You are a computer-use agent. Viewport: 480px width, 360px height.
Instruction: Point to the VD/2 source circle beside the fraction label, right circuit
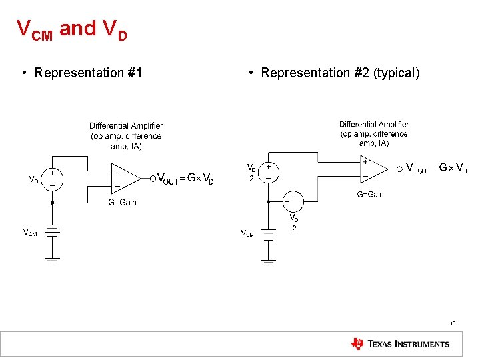[x=268, y=173]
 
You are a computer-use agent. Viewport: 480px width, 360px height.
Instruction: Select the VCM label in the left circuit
[x=30, y=232]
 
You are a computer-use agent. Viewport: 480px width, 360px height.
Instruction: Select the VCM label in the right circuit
[x=247, y=233]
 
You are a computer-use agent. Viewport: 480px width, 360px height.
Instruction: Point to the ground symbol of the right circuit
[x=268, y=262]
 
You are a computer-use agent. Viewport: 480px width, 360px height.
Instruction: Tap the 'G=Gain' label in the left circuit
[x=122, y=202]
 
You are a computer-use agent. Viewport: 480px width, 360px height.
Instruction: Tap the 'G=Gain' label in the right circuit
[x=371, y=194]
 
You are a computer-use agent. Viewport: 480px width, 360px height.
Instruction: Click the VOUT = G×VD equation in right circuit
[x=436, y=167]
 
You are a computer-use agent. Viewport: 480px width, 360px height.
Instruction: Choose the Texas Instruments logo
[x=400, y=344]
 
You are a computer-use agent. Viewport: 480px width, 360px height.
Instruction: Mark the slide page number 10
[x=453, y=324]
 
